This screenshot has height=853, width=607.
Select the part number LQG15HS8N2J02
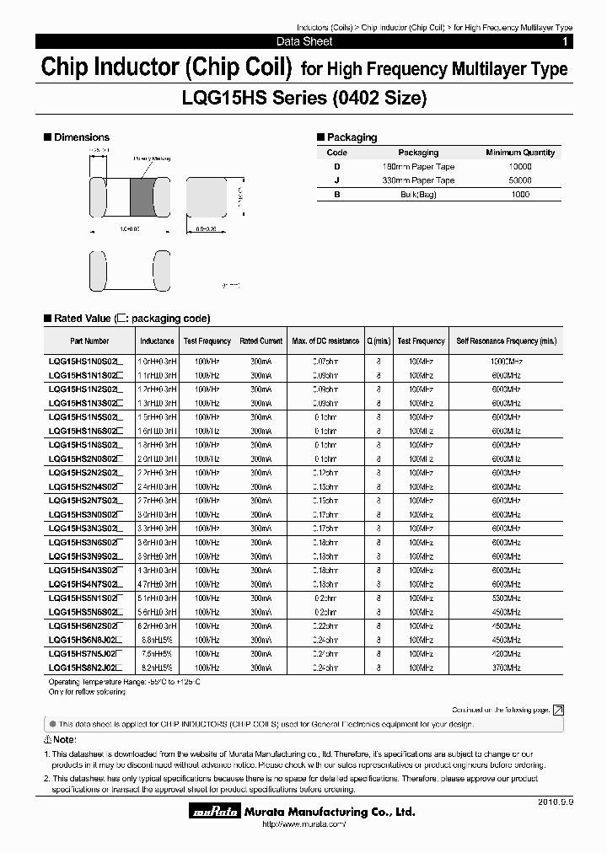click(83, 667)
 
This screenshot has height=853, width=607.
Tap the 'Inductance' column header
click(158, 341)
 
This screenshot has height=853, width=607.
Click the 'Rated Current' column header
click(261, 341)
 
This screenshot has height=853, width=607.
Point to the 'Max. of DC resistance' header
click(325, 341)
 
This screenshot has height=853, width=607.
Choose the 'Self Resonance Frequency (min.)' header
click(507, 341)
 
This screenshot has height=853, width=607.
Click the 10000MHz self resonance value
click(507, 362)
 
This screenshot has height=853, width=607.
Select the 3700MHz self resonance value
click(507, 667)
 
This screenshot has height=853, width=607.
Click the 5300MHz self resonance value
click(507, 598)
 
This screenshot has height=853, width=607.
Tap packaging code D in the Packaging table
click(336, 167)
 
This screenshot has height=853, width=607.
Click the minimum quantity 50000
click(520, 180)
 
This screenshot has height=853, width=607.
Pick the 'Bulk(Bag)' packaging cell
click(418, 194)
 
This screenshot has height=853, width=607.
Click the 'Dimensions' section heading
click(81, 137)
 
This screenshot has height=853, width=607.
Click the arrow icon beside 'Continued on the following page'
click(557, 711)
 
